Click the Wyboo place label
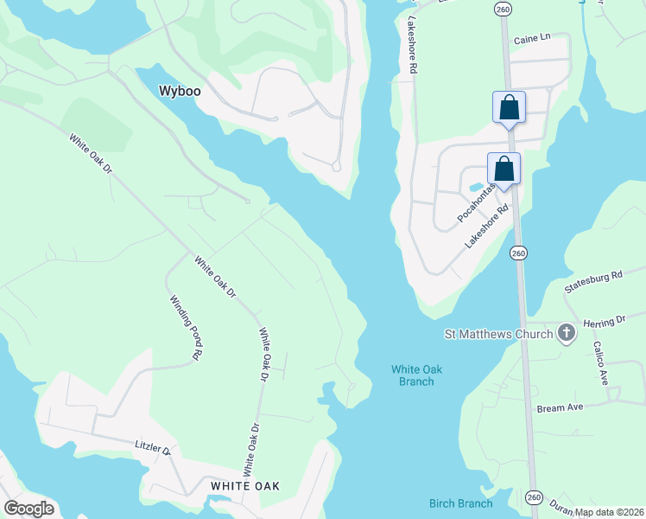coord(179,90)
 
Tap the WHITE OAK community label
coord(245,486)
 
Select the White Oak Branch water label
coord(416,375)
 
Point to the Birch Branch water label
coord(461,503)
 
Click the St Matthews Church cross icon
coord(566,333)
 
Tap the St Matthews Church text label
coord(499,333)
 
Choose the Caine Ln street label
coord(531,40)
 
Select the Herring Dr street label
coord(604,321)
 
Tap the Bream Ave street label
coord(560,407)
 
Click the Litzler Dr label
coord(153,446)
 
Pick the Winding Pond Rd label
coord(185,326)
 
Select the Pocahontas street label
coord(476,201)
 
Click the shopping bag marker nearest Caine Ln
coord(509,108)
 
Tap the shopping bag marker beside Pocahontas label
coord(503,169)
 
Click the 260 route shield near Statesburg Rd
coord(517,253)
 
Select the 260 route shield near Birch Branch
coord(534,497)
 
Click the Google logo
coord(28,509)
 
